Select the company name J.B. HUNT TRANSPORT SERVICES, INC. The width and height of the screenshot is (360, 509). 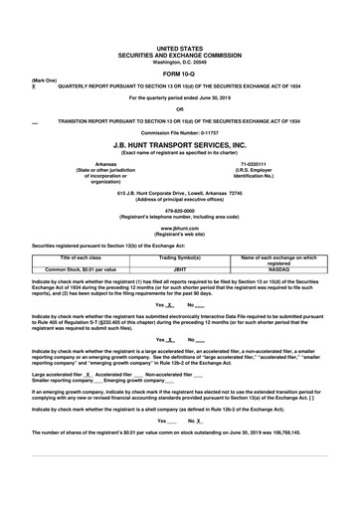(x=179, y=142)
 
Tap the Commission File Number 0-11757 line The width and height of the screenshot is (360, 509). (x=179, y=131)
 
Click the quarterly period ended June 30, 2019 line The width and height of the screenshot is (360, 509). (x=179, y=98)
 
